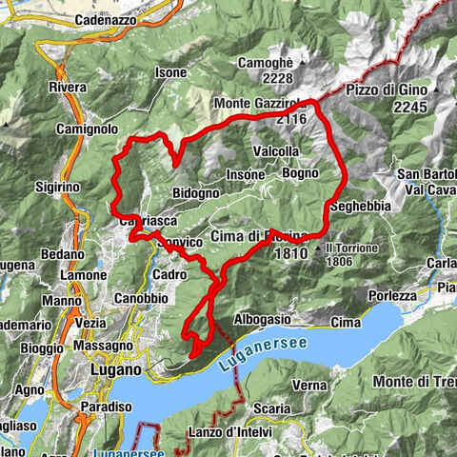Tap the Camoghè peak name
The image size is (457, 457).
point(267,60)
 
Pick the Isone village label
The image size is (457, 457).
point(171,72)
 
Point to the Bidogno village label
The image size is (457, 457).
point(197,193)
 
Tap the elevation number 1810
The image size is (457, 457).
point(290,255)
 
